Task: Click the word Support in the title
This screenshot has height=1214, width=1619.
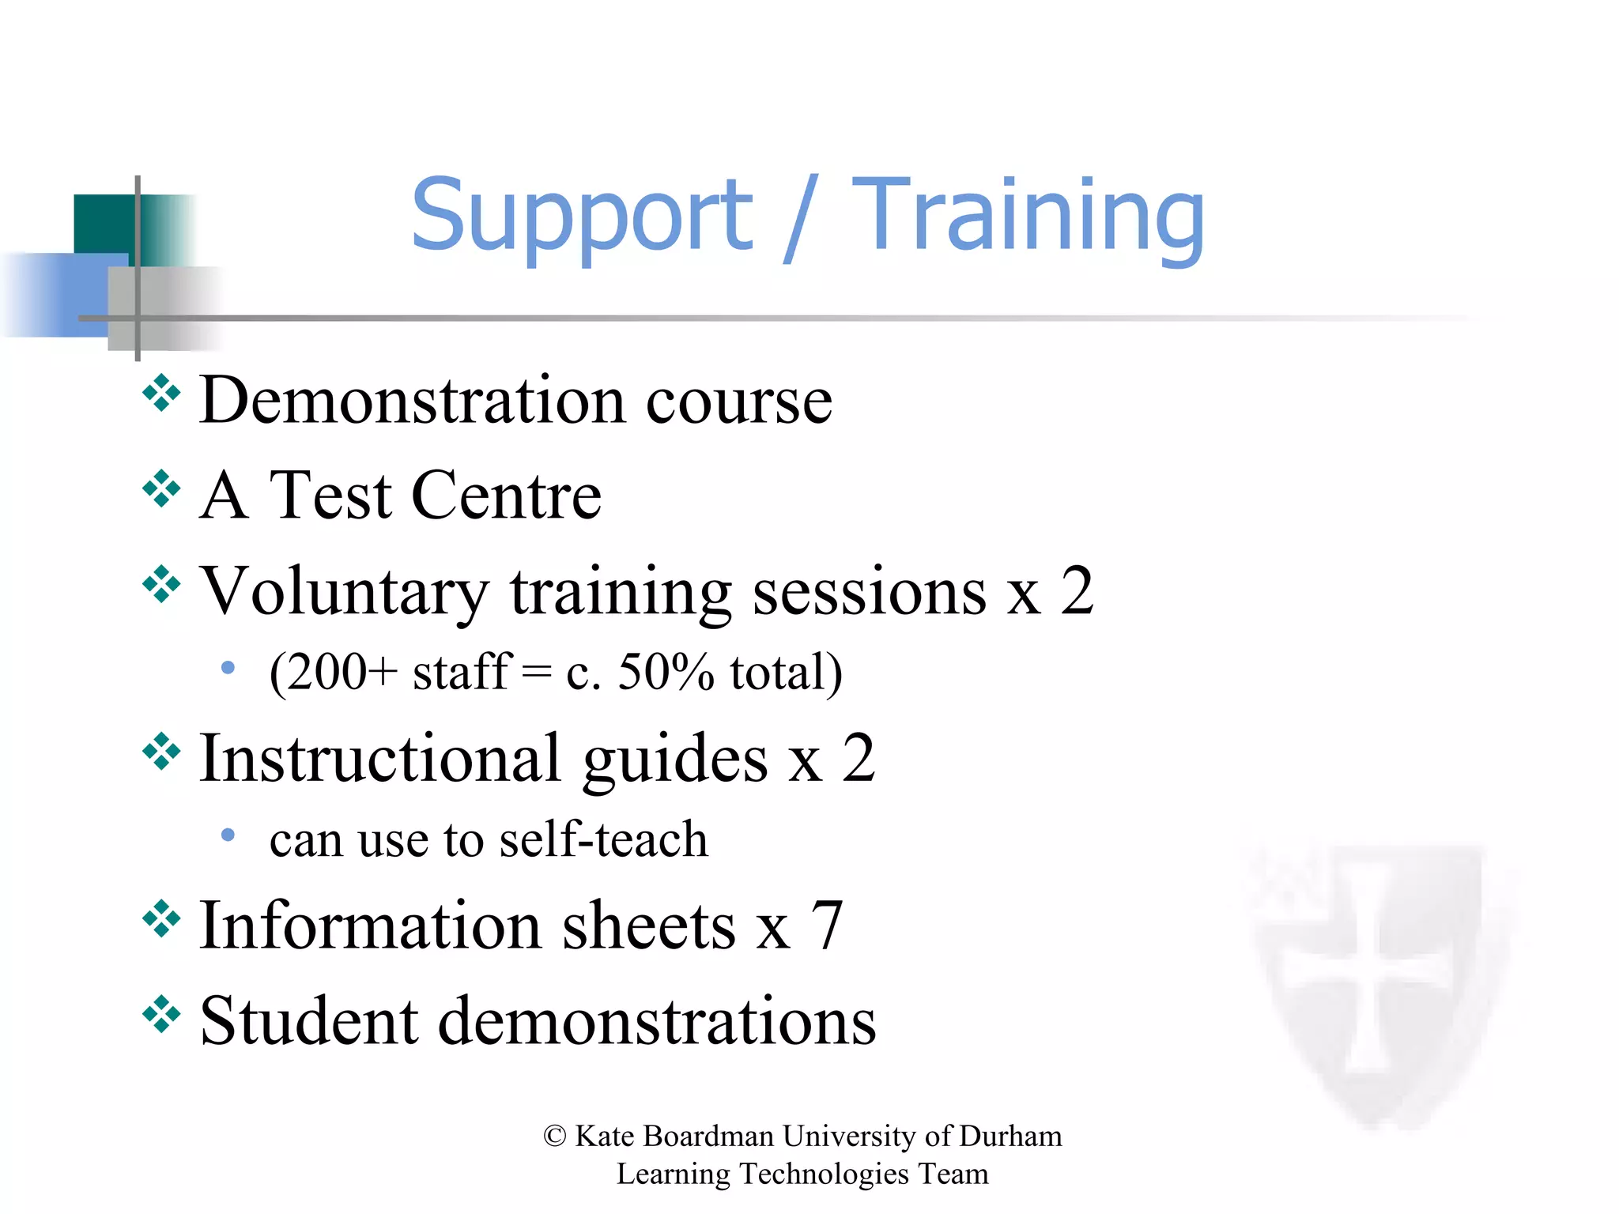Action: (x=582, y=215)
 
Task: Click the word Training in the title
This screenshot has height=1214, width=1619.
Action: (x=1028, y=215)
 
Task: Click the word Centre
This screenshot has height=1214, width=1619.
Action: (x=506, y=496)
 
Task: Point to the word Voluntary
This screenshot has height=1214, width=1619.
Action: (x=344, y=593)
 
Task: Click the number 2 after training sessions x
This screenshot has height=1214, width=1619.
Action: (x=1077, y=590)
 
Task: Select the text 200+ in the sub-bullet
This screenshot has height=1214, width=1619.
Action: (x=340, y=673)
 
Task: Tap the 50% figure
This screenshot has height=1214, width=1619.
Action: (x=666, y=673)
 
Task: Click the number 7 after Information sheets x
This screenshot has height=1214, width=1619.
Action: (x=827, y=926)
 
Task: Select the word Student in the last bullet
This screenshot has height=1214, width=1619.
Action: (x=308, y=1021)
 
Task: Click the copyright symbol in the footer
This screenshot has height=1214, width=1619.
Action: (x=555, y=1137)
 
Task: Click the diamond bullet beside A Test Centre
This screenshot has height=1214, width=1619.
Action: (x=161, y=489)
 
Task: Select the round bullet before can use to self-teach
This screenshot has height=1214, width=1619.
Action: (x=228, y=835)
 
